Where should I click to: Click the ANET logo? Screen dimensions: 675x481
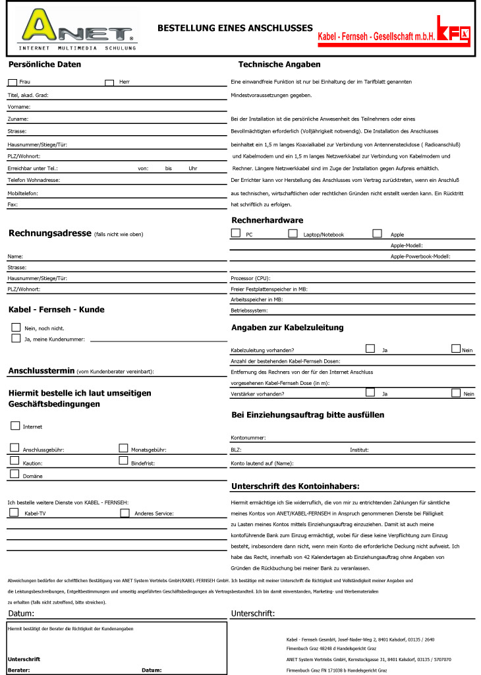tap(77, 30)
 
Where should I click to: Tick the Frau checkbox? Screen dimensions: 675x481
tap(13, 82)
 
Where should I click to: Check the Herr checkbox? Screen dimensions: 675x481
tap(109, 82)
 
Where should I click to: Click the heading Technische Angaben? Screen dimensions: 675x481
tap(279, 65)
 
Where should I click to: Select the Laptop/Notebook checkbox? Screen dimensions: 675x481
tap(293, 233)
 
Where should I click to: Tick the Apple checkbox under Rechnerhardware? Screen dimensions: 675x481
tap(377, 233)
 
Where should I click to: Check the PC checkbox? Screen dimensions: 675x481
tap(236, 233)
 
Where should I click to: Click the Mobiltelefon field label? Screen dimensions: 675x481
tap(22, 193)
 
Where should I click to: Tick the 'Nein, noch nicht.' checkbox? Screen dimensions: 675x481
tap(16, 327)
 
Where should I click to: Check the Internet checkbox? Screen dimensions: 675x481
tap(15, 426)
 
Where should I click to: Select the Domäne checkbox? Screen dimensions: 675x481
tap(14, 474)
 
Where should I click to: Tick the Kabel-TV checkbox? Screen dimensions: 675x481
tap(14, 512)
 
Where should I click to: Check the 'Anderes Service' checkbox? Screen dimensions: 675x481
tap(125, 512)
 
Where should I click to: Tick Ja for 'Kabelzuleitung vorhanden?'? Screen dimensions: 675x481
tap(370, 349)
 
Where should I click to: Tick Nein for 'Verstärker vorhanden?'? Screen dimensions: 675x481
tap(456, 393)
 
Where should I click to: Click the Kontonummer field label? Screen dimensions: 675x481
tap(248, 438)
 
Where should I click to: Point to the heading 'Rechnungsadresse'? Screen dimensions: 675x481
tap(49, 233)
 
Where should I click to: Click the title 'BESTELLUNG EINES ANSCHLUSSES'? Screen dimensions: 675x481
tap(235, 28)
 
